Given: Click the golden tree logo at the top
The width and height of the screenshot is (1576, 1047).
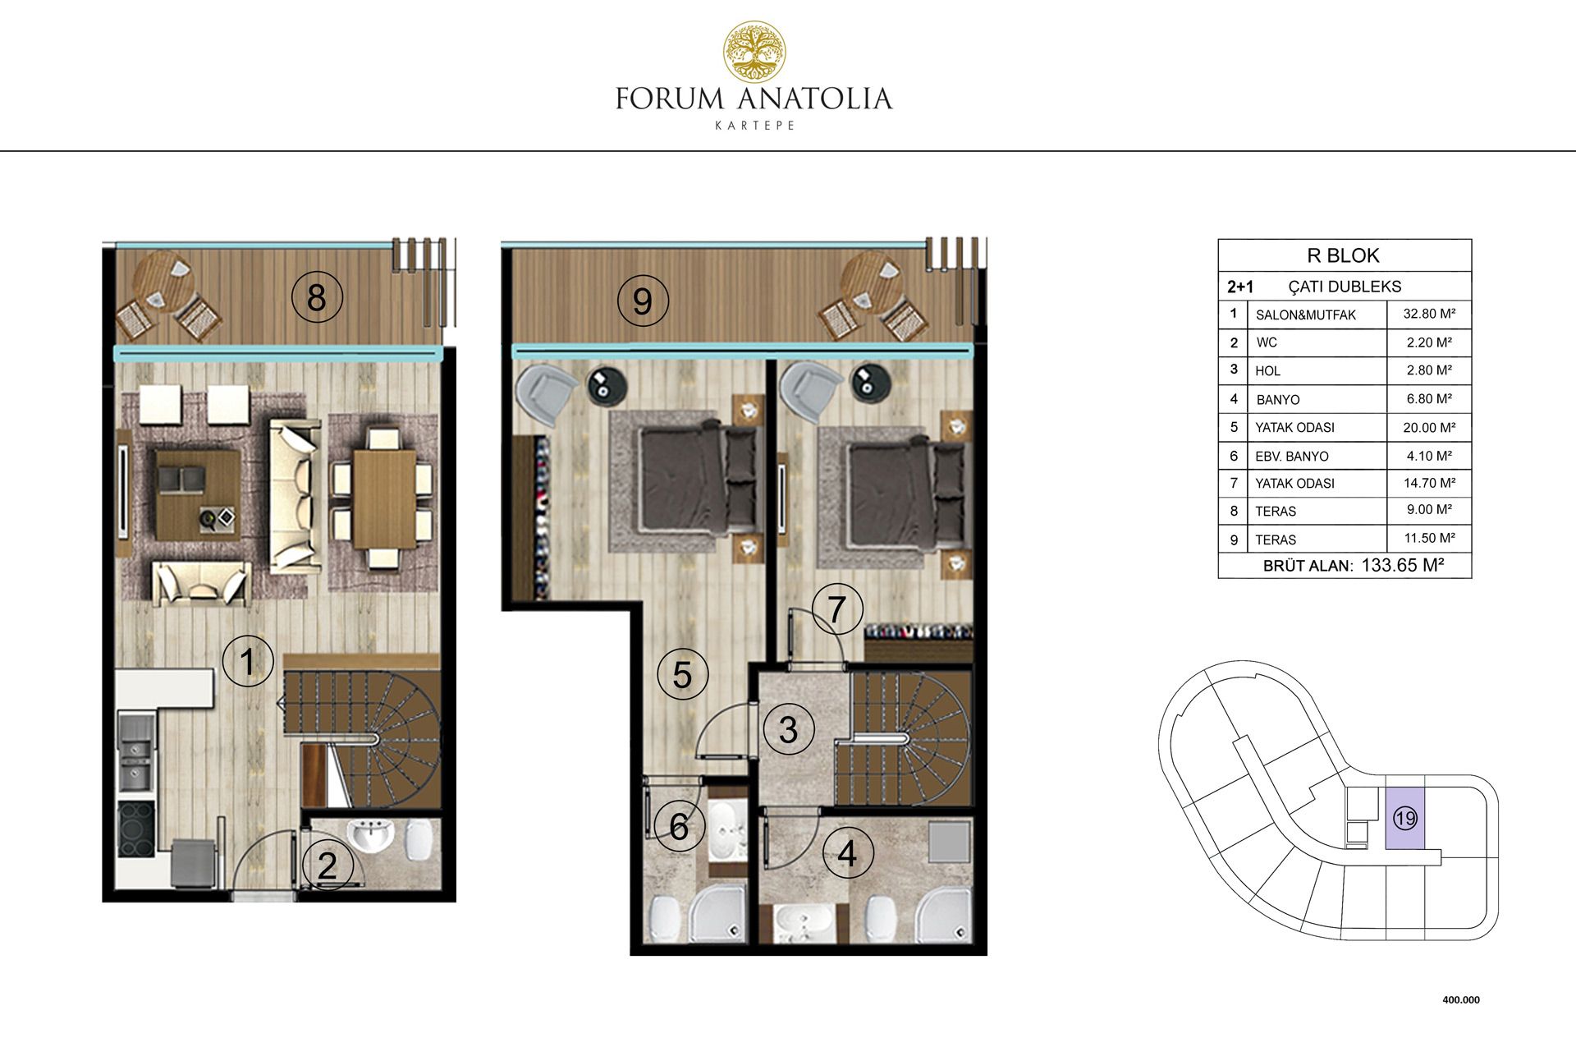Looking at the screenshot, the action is point(754,53).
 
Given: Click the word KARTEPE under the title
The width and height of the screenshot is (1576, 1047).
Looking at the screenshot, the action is point(754,126).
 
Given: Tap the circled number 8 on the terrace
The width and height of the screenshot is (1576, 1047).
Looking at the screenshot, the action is point(316,297).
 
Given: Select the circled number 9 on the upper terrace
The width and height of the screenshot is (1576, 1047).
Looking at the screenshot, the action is point(643,301).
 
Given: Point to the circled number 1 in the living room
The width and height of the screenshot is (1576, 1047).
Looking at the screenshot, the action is point(247,660).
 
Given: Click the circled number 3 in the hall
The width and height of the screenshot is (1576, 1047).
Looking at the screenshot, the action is point(788,729).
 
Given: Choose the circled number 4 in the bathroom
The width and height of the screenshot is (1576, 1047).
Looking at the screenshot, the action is point(847,854).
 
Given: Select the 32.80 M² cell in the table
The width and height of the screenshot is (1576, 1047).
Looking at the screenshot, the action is point(1429,314).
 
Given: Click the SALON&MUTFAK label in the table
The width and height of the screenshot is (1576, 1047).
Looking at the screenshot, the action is point(1305,315).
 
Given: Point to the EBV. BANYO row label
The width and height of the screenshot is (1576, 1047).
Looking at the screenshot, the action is point(1291,456).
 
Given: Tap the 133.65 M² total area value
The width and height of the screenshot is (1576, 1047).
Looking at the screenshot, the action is point(1402,565).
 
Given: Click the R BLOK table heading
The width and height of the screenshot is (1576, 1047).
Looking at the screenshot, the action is point(1343,255).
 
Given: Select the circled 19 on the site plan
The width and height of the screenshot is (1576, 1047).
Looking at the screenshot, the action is point(1404,818).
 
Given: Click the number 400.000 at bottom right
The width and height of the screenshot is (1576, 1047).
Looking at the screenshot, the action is point(1461,1000).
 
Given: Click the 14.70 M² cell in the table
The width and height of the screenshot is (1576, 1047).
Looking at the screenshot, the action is point(1429,483).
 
